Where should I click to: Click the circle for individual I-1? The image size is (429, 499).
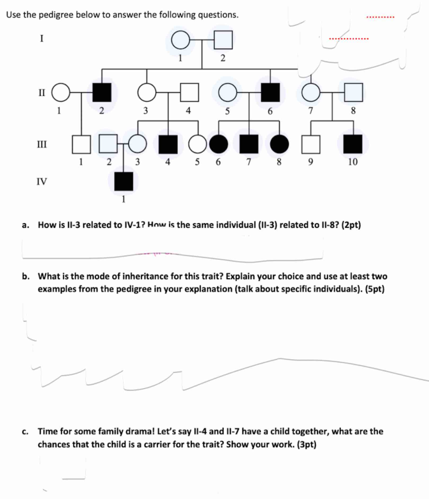pyautogui.click(x=180, y=40)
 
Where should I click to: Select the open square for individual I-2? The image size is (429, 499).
pyautogui.click(x=223, y=40)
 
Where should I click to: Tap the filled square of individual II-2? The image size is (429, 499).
pyautogui.click(x=102, y=92)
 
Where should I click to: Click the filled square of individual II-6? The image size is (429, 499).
pyautogui.click(x=270, y=92)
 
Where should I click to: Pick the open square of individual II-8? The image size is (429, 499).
pyautogui.click(x=353, y=92)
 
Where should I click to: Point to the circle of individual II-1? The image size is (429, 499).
pyautogui.click(x=61, y=92)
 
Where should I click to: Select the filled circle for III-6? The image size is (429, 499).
pyautogui.click(x=218, y=144)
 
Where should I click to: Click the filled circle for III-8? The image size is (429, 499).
pyautogui.click(x=279, y=144)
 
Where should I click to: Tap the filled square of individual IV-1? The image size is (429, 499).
pyautogui.click(x=123, y=181)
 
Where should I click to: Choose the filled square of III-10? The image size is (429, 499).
pyautogui.click(x=353, y=144)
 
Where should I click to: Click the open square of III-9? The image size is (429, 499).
pyautogui.click(x=311, y=144)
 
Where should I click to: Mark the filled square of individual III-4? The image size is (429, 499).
pyautogui.click(x=168, y=144)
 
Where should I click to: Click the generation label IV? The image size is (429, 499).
pyautogui.click(x=42, y=182)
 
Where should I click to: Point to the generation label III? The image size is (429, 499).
pyautogui.click(x=42, y=144)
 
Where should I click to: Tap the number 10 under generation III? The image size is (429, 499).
pyautogui.click(x=353, y=162)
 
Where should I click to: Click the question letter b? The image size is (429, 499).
pyautogui.click(x=25, y=276)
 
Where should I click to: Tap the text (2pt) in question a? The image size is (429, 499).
pyautogui.click(x=351, y=225)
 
